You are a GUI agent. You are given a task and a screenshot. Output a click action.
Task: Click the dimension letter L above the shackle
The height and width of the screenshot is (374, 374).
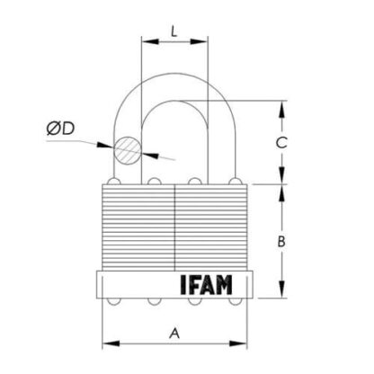tap(174, 31)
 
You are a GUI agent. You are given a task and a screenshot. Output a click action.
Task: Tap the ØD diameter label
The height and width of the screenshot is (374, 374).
tap(60, 129)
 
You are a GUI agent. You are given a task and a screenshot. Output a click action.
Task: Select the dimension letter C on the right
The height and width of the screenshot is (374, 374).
tap(281, 143)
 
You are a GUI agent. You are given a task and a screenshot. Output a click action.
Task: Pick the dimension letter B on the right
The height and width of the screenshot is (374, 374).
tap(281, 242)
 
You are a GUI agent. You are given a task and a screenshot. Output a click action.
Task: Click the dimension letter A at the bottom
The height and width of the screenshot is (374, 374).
tap(174, 334)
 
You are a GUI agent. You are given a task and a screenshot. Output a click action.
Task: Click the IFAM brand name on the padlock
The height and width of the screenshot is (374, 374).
tap(207, 284)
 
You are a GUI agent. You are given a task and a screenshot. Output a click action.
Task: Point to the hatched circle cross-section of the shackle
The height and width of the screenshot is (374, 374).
tap(128, 150)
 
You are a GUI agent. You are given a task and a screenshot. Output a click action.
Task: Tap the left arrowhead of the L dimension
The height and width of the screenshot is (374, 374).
tap(150, 41)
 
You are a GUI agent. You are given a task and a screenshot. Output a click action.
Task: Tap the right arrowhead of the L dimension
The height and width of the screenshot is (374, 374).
tap(199, 41)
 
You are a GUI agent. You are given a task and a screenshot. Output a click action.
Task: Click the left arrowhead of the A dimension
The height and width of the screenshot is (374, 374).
tap(111, 343)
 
